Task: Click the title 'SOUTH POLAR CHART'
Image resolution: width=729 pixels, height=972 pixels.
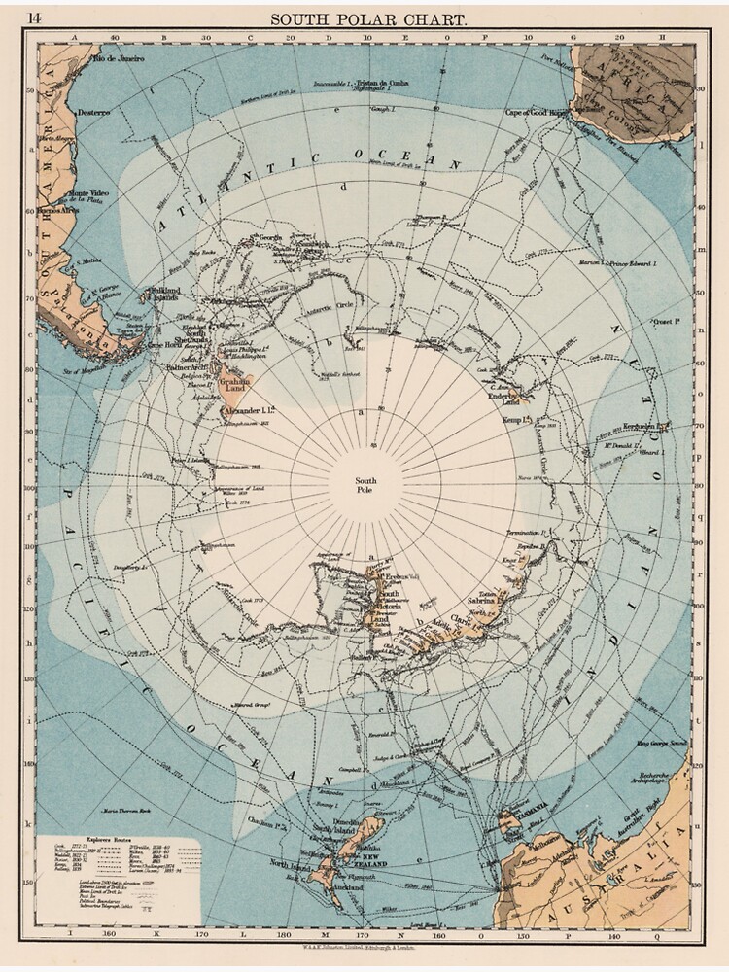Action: (x=367, y=18)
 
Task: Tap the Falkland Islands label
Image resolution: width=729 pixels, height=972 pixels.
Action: (x=162, y=293)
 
